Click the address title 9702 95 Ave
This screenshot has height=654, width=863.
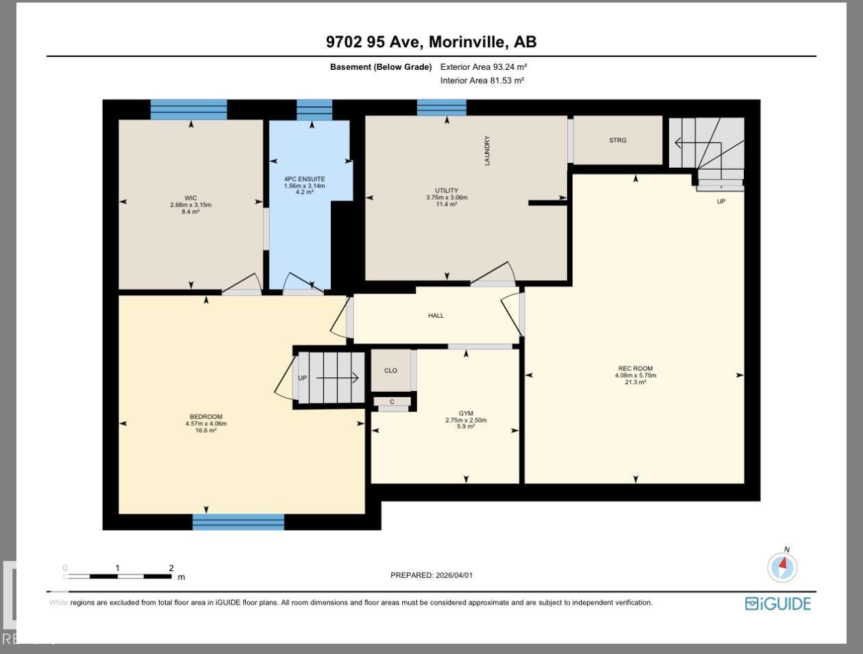tap(431, 42)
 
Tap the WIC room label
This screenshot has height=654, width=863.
tap(190, 198)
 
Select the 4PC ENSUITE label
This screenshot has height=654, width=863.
tap(305, 179)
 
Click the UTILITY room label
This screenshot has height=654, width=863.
tap(447, 190)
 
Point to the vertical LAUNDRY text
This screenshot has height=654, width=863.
tap(487, 151)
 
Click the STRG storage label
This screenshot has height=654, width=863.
tap(617, 140)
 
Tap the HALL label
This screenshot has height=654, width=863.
tap(436, 316)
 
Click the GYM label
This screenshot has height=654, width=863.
tap(466, 414)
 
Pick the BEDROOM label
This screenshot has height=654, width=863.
tap(205, 417)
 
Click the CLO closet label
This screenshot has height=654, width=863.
tap(390, 370)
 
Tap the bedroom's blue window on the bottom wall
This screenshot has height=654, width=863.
tap(238, 522)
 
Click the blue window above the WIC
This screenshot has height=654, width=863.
tap(188, 110)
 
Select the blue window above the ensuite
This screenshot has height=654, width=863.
tap(314, 110)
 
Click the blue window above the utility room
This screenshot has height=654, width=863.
tap(442, 108)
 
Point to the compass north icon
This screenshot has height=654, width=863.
tap(782, 567)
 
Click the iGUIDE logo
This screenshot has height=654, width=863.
tap(777, 603)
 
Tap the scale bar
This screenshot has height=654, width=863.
tap(118, 576)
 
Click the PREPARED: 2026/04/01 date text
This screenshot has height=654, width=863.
tap(431, 575)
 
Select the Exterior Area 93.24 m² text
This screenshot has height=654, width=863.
tap(484, 67)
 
